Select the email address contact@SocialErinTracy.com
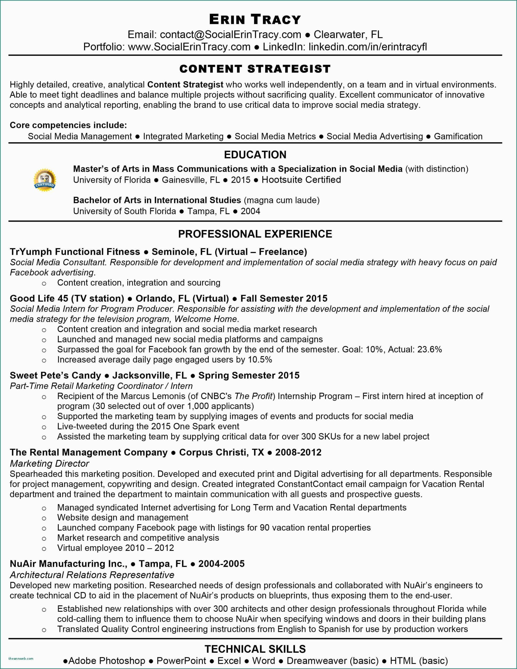click(231, 34)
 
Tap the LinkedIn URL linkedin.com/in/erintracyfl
click(368, 47)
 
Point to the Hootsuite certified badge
click(45, 180)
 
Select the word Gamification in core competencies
click(458, 136)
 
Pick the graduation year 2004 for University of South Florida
click(250, 211)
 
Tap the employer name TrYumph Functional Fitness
click(75, 252)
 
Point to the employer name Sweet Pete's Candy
click(55, 376)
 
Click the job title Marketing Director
click(49, 463)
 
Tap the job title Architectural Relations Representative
click(92, 575)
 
